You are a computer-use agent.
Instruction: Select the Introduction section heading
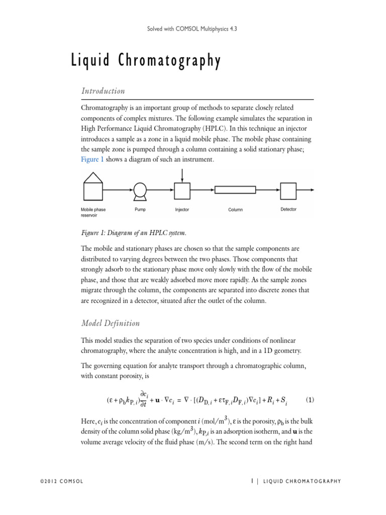click(x=103, y=91)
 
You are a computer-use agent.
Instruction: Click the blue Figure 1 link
click(x=91, y=159)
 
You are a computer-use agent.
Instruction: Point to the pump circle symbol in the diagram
click(x=140, y=191)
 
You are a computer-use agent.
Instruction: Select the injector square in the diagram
click(x=182, y=191)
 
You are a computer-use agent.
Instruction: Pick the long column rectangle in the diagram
click(x=235, y=190)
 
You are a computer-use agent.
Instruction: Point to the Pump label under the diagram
click(x=140, y=210)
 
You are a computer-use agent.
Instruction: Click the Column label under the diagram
click(x=235, y=210)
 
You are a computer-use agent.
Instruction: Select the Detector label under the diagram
click(x=288, y=209)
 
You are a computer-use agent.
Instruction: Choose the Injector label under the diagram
click(x=182, y=210)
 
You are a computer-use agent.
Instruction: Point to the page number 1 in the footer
click(x=252, y=481)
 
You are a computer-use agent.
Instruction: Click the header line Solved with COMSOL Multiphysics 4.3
click(x=193, y=29)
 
